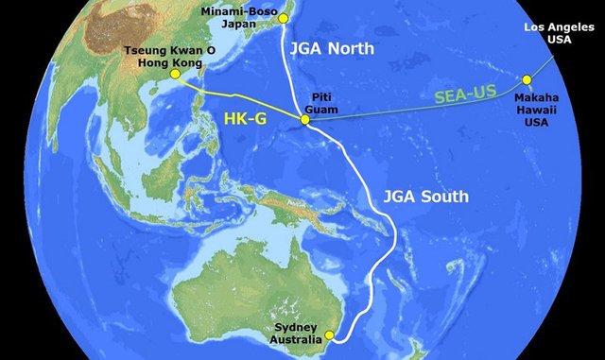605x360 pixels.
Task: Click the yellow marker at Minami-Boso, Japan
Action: [281, 18]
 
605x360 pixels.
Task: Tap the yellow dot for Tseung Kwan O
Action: [174, 74]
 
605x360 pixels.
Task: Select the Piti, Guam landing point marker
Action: [305, 120]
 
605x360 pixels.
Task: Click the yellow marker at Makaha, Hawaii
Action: [527, 79]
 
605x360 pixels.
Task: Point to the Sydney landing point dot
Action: [329, 334]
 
